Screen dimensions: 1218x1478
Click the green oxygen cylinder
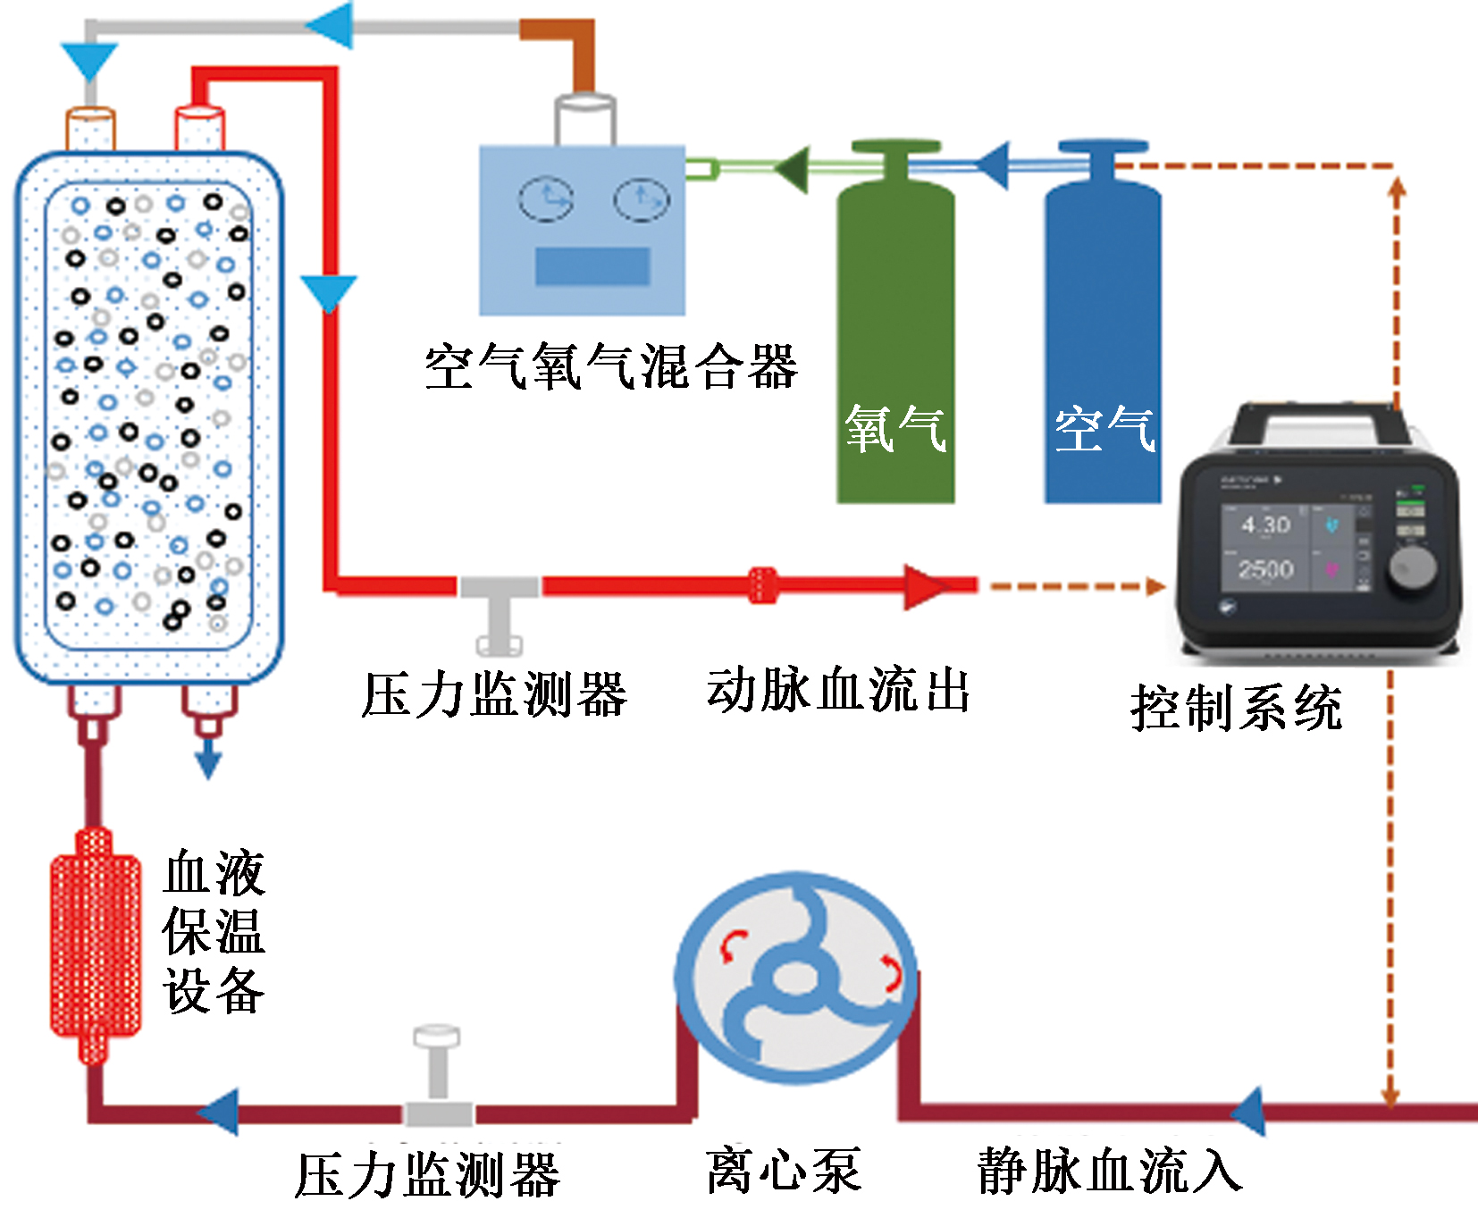(895, 340)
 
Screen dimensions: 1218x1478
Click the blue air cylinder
(1103, 340)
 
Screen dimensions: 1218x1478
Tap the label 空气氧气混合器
(611, 367)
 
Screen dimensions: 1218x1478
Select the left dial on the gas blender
(546, 199)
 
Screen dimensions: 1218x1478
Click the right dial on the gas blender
(641, 199)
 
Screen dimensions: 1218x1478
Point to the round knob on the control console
(1413, 565)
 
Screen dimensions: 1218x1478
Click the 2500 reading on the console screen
(1265, 569)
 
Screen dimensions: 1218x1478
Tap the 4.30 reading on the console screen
(1265, 525)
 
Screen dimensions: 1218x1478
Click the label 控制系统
(1236, 709)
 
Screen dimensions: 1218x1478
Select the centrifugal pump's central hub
(791, 979)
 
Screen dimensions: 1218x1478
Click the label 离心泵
(783, 1172)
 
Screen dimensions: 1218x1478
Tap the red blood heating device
(95, 945)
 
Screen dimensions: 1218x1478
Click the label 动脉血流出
(838, 691)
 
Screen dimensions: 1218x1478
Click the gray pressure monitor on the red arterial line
(499, 608)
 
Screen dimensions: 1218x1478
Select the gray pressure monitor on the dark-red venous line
(438, 1081)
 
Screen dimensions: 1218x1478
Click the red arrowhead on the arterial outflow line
(925, 586)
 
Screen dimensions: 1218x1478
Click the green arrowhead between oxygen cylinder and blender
(793, 168)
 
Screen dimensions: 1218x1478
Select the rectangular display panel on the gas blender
(592, 266)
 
